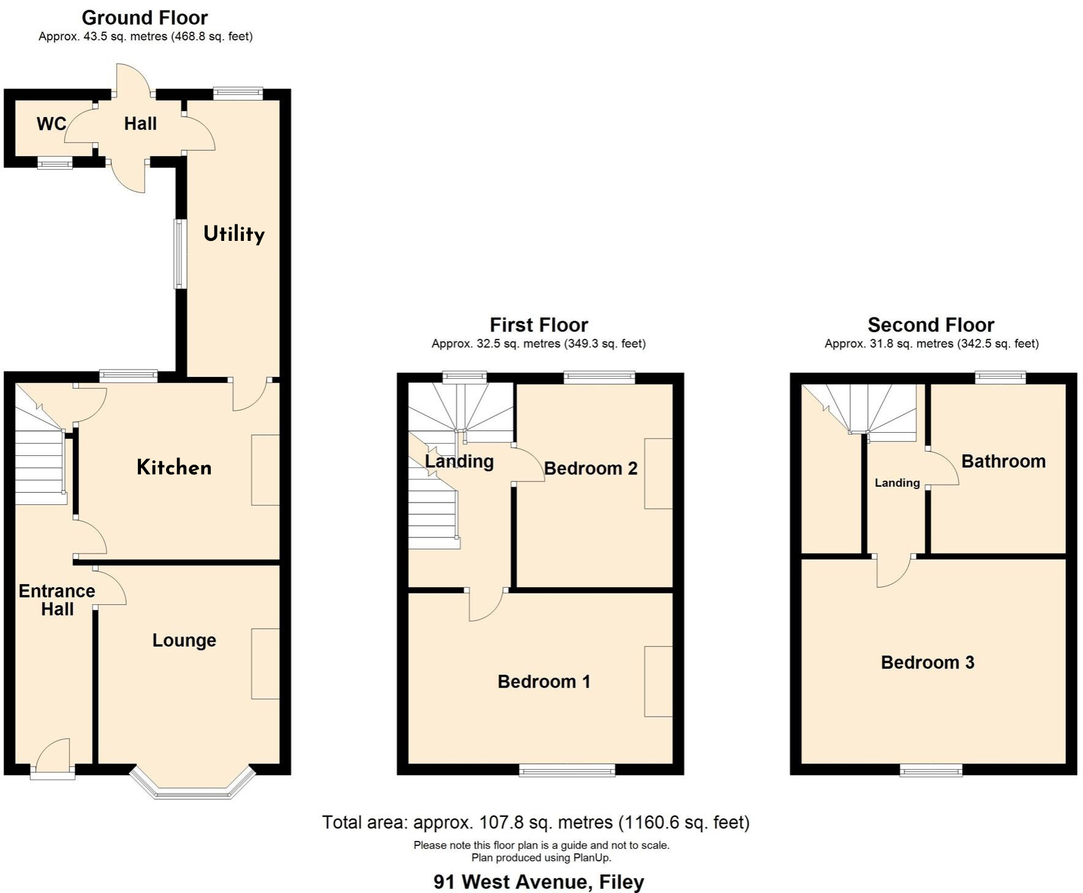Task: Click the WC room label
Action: pyautogui.click(x=51, y=124)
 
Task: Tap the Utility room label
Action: pyautogui.click(x=234, y=234)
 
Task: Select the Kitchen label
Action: pyautogui.click(x=174, y=468)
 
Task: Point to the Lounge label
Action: pyautogui.click(x=184, y=640)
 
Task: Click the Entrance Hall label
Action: pyautogui.click(x=57, y=600)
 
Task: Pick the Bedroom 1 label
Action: pyautogui.click(x=543, y=682)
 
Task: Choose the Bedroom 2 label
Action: pyautogui.click(x=591, y=468)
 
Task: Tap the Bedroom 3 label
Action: pyautogui.click(x=927, y=662)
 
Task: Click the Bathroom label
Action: pyautogui.click(x=1003, y=461)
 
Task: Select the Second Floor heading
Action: pyautogui.click(x=930, y=325)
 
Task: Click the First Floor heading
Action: pyautogui.click(x=538, y=325)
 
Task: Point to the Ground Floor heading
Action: pyautogui.click(x=145, y=18)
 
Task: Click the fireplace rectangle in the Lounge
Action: pyautogui.click(x=265, y=664)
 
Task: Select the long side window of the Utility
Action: pyautogui.click(x=179, y=254)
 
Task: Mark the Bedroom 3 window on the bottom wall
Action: pyautogui.click(x=930, y=770)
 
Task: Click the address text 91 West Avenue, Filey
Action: pyautogui.click(x=538, y=881)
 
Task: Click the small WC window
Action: pyautogui.click(x=55, y=163)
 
